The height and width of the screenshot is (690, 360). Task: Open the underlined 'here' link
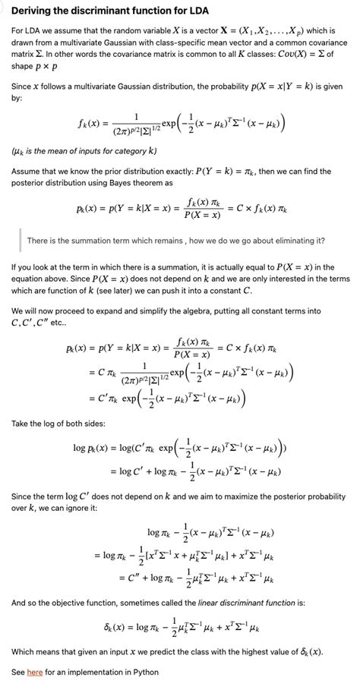point(35,672)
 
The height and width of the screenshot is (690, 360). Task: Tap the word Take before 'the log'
point(21,422)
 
